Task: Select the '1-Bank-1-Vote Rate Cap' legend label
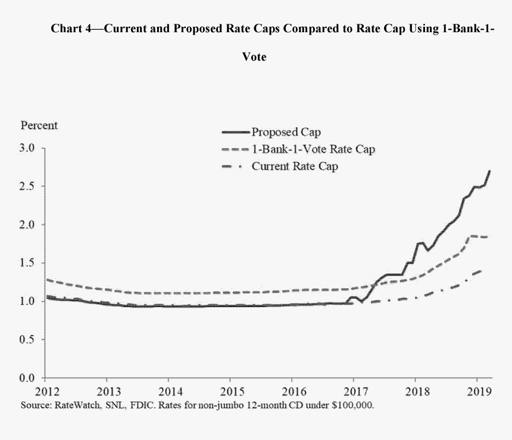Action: point(313,149)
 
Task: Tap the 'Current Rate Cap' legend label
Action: point(295,166)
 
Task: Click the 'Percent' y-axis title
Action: point(39,126)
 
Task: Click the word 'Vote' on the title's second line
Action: point(254,58)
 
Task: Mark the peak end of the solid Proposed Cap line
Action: point(489,171)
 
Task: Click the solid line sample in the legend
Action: point(235,132)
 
